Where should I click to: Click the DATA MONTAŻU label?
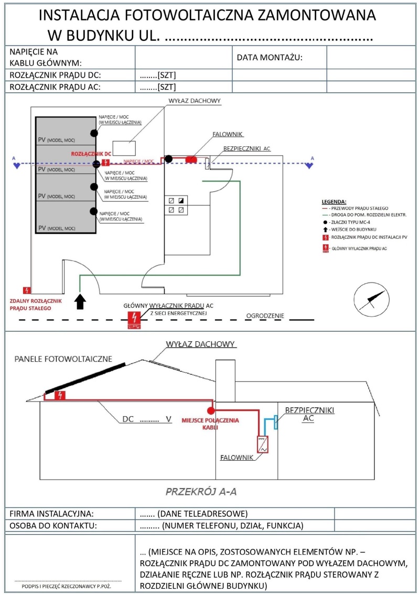point(270,58)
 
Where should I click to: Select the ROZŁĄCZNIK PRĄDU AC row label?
point(55,87)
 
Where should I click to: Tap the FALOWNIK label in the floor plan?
point(227,135)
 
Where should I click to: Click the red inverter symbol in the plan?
point(191,158)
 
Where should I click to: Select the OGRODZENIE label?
point(265,316)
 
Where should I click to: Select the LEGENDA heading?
point(333,201)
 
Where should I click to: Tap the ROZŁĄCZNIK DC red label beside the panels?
point(91,154)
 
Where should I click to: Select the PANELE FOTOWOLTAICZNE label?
point(63,359)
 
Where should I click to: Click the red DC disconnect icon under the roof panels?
point(60,395)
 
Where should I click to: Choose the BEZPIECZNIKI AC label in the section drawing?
point(309,414)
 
